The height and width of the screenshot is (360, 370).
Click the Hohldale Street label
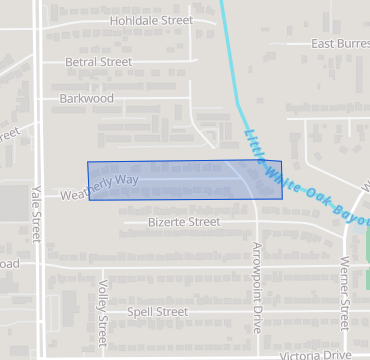pos(151,20)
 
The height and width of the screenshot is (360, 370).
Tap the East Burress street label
pos(339,44)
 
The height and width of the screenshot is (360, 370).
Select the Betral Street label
pos(98,62)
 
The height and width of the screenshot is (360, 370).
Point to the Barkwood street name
pos(87,99)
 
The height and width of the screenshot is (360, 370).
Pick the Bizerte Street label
pos(183,222)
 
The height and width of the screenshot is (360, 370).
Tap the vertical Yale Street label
pos(35,214)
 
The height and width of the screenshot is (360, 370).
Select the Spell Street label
pos(157,312)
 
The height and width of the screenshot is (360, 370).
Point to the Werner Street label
pos(344,291)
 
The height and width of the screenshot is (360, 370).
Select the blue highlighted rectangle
pos(185,181)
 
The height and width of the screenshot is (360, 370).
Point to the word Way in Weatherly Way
pos(125,179)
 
